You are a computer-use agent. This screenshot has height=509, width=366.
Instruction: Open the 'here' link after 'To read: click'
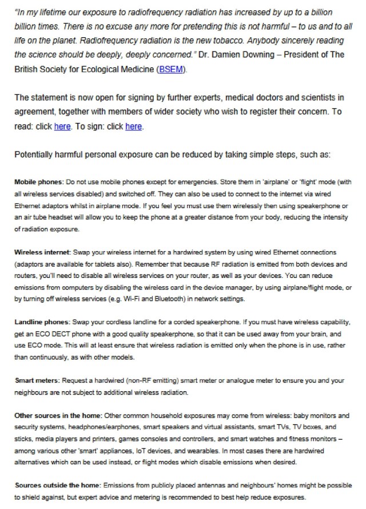(62, 126)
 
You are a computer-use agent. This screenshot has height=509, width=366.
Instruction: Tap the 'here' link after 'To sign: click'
(133, 126)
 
